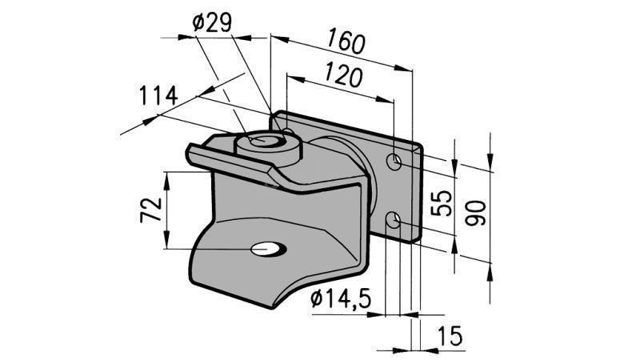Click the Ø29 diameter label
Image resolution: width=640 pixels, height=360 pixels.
(x=211, y=23)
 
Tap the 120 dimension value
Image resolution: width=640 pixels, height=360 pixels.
(x=345, y=76)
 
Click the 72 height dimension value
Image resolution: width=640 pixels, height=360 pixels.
(x=153, y=210)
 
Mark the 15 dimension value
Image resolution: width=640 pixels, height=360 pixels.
(x=452, y=336)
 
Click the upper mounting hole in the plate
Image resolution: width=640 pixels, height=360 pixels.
(x=394, y=162)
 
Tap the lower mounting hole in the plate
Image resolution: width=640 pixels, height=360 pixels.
(x=394, y=218)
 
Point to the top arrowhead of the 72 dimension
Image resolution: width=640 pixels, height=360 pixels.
(x=166, y=178)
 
